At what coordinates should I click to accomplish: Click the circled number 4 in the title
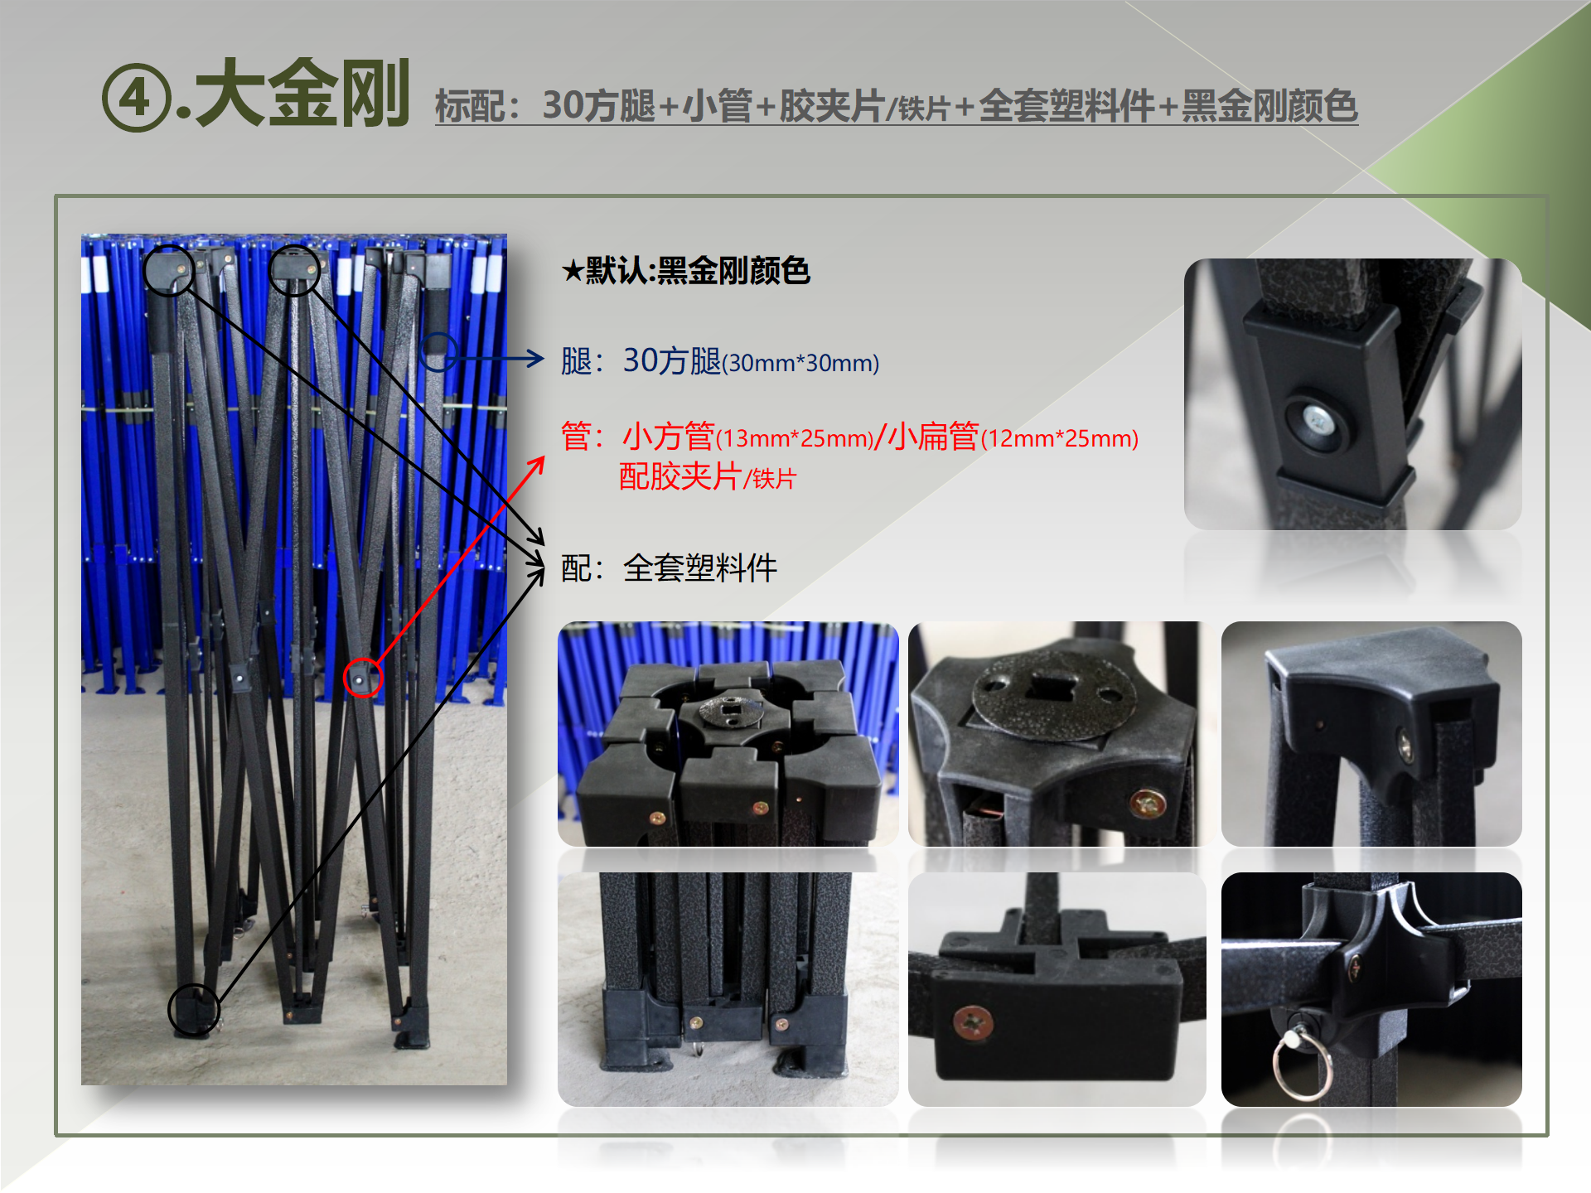137,98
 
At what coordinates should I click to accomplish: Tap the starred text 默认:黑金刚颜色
685,270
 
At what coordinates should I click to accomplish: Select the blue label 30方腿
672,360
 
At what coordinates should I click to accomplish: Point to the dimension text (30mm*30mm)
800,363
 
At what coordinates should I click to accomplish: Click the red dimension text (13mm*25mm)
795,438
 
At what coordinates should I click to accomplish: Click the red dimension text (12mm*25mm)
1060,438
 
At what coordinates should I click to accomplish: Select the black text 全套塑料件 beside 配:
700,568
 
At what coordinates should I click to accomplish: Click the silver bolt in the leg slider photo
1318,421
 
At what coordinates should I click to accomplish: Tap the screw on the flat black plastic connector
973,1023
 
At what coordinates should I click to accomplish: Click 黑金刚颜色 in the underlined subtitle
1269,106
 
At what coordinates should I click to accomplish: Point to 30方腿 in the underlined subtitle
598,106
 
